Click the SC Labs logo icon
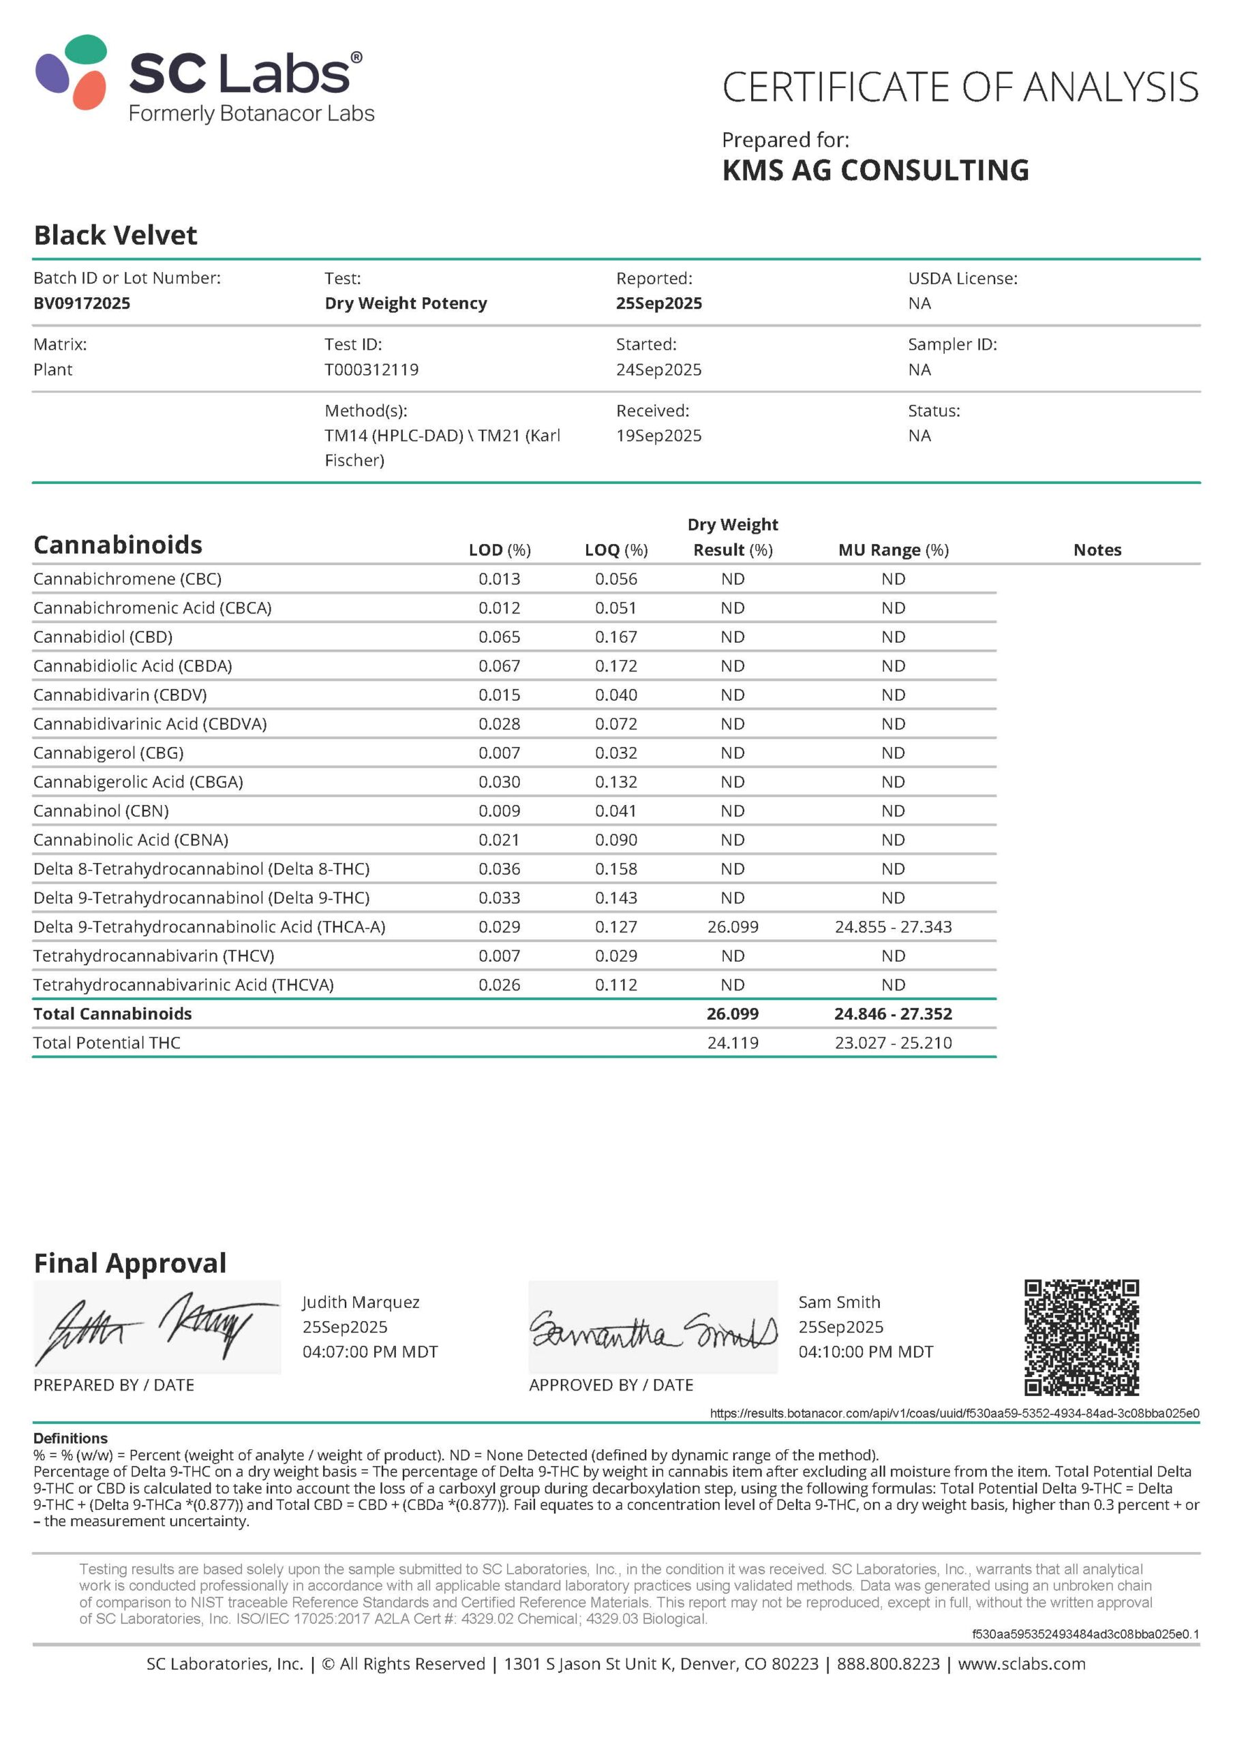coord(72,72)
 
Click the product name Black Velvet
coord(116,236)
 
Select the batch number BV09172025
coord(81,303)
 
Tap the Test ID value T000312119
coord(371,369)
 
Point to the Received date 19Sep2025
coord(658,436)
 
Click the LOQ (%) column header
coord(615,549)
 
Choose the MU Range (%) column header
coord(892,549)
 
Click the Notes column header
coord(1096,549)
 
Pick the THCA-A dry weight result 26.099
coord(732,926)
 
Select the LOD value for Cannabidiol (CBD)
coord(499,637)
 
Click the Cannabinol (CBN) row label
coord(101,811)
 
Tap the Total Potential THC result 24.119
coord(732,1043)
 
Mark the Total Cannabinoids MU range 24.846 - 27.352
coord(892,1014)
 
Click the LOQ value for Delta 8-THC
coord(615,868)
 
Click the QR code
coord(1081,1337)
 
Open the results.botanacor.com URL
coord(954,1413)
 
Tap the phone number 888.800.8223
coord(888,1664)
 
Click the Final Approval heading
coord(130,1263)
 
